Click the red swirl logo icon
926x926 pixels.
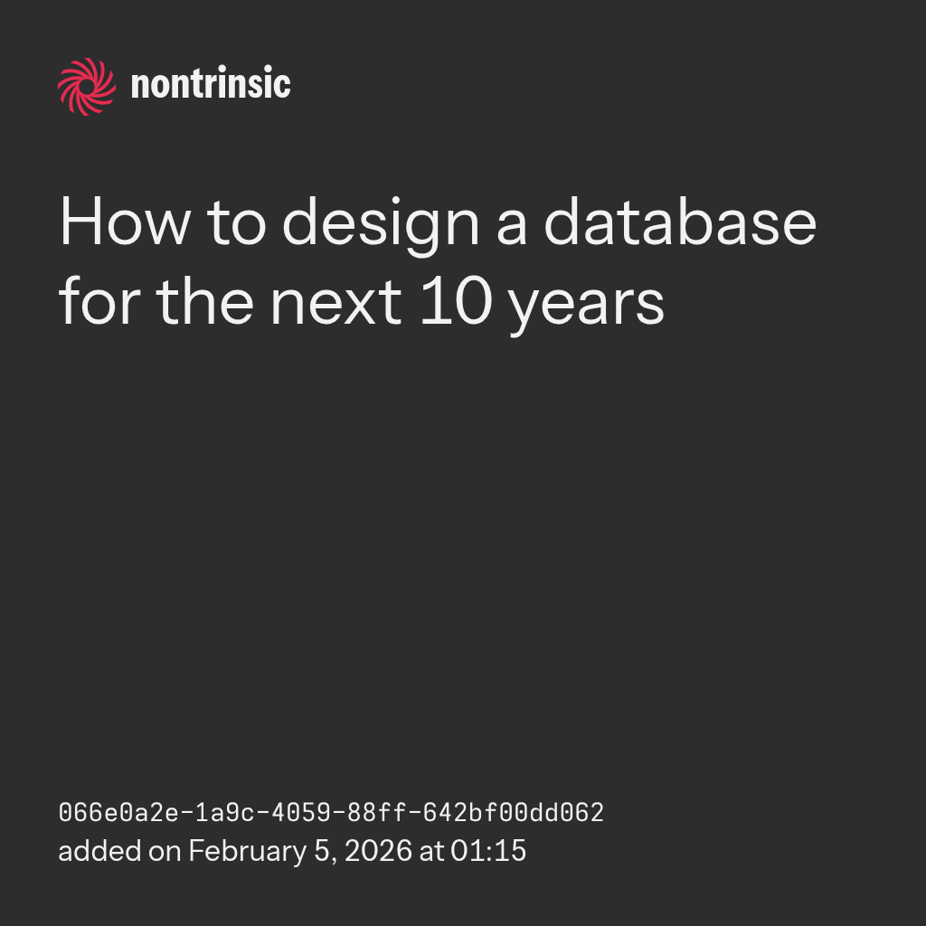[x=87, y=87]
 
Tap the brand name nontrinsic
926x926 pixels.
[x=211, y=83]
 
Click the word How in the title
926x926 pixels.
[x=125, y=221]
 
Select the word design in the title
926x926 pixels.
[x=381, y=225]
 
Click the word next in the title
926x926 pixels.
[x=336, y=301]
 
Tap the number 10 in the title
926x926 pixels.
[x=456, y=300]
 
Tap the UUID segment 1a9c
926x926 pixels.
[x=225, y=813]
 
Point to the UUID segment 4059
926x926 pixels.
[x=301, y=813]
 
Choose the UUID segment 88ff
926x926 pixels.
[x=377, y=813]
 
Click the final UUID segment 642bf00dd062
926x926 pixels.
[x=514, y=813]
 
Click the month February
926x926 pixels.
[x=248, y=852]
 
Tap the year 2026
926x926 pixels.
[x=378, y=851]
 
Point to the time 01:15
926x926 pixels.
[x=487, y=851]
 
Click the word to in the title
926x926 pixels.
[x=236, y=223]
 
